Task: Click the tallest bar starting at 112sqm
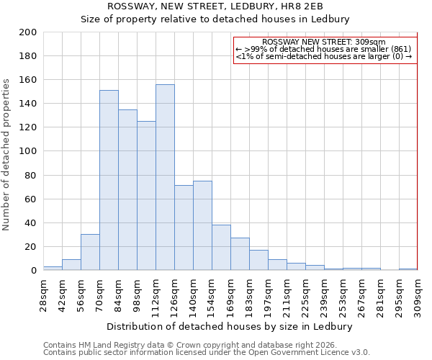click(x=165, y=177)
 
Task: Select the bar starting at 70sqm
click(x=109, y=180)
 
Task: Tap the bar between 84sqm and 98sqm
click(x=127, y=189)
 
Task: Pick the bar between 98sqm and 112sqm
click(x=146, y=195)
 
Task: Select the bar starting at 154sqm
click(x=221, y=247)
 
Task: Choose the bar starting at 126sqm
click(x=184, y=228)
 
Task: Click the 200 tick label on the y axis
click(x=28, y=32)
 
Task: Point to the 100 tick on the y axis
click(x=28, y=151)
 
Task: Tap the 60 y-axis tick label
click(x=31, y=199)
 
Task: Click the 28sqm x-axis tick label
click(x=43, y=294)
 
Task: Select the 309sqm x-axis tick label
click(x=418, y=297)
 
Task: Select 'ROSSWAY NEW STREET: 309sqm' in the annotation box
click(x=324, y=42)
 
